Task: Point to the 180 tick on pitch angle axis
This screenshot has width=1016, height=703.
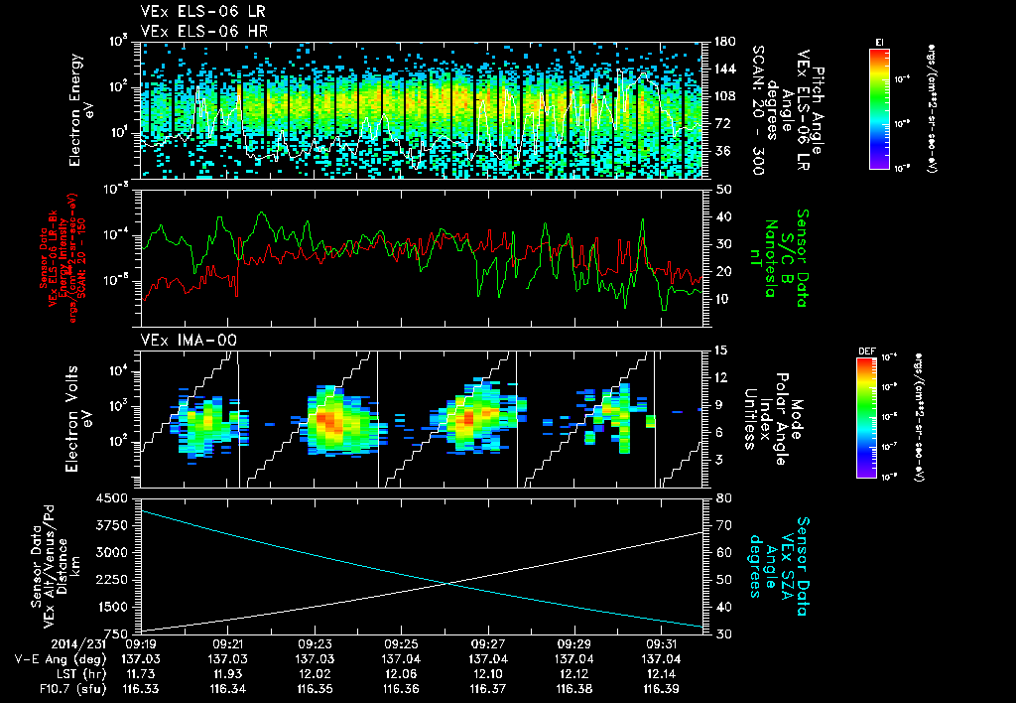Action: [x=723, y=42]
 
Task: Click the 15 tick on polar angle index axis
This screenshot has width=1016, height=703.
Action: [x=720, y=351]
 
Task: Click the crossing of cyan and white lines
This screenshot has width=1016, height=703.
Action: [x=449, y=583]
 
